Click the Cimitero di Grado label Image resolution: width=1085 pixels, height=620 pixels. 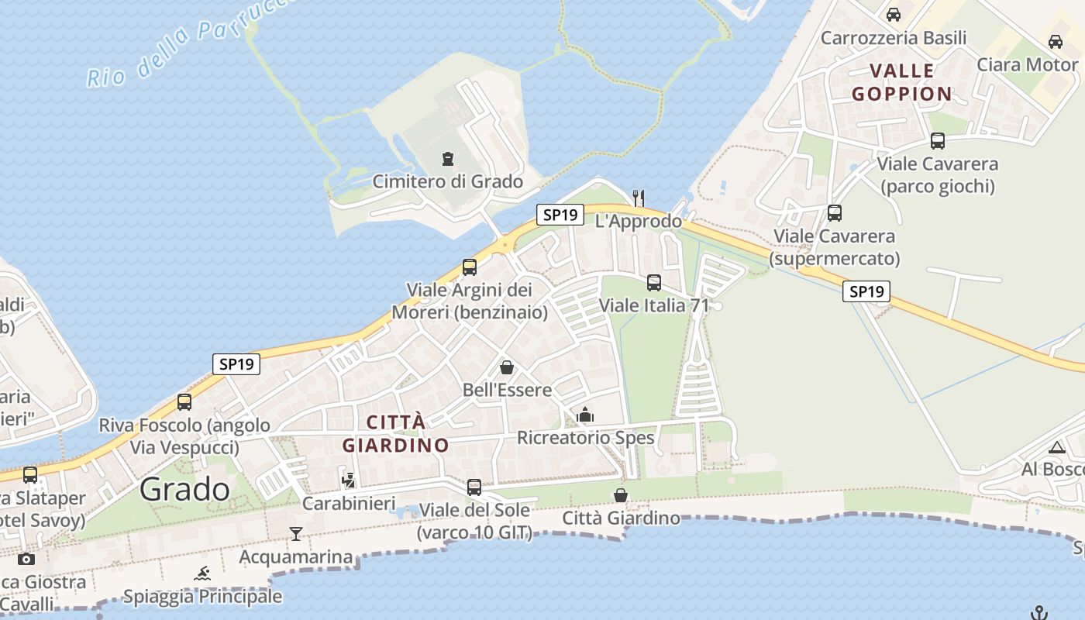pos(448,182)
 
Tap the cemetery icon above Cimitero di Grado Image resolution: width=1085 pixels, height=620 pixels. pos(447,159)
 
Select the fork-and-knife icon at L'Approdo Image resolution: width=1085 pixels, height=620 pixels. pos(639,198)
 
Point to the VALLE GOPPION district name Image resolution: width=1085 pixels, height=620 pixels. pos(902,82)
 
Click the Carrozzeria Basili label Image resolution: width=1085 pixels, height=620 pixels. pos(894,38)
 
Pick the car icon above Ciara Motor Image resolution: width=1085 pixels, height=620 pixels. pos(1056,42)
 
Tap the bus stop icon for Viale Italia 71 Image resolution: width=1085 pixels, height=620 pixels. pos(654,283)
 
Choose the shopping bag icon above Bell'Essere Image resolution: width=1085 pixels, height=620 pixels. pos(507,367)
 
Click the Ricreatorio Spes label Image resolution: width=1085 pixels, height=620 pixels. pos(586,438)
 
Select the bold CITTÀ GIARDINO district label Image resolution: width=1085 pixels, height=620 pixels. pos(396,434)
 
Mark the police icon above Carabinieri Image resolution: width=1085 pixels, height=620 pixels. pos(349,480)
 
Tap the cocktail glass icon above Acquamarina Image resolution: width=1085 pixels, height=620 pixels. pos(295,533)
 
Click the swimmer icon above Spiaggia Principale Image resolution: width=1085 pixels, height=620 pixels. pos(202,573)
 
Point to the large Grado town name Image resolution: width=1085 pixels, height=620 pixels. pos(185,489)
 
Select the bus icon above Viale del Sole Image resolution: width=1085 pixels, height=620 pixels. pos(474,487)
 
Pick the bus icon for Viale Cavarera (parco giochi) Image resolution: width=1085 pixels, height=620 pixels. pos(938,141)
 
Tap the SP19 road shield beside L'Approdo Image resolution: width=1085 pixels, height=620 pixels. pos(560,215)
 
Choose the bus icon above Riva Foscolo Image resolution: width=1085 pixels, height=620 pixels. pos(184,402)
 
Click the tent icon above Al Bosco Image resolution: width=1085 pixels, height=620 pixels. pos(1057,447)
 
